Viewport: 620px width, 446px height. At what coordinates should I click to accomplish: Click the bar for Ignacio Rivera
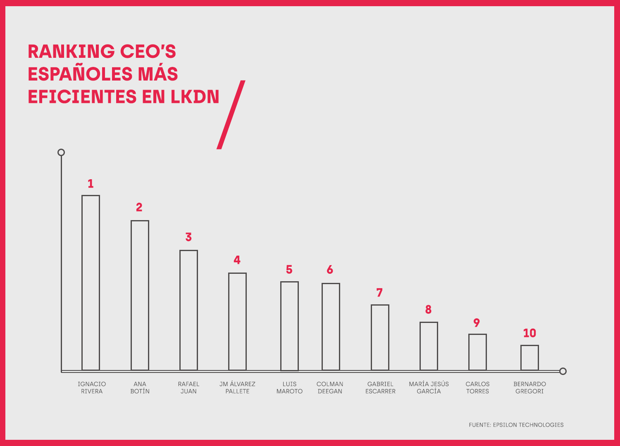tap(91, 282)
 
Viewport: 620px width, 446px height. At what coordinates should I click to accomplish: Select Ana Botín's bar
tap(140, 295)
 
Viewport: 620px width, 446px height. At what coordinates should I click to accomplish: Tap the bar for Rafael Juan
tap(188, 310)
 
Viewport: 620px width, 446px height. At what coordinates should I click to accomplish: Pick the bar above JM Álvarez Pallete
tap(237, 321)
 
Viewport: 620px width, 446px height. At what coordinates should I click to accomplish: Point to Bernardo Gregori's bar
tap(529, 358)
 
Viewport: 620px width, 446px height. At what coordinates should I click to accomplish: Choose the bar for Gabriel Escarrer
tap(380, 337)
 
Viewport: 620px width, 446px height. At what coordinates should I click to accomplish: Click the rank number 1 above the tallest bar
tap(91, 184)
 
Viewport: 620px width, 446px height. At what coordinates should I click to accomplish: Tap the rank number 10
tap(529, 333)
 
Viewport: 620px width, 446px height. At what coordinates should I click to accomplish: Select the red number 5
tap(289, 270)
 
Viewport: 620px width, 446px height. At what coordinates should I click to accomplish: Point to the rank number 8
tap(428, 309)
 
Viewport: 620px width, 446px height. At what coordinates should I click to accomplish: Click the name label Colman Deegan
tap(330, 387)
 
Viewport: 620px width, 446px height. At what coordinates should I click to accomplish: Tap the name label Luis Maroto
tap(289, 387)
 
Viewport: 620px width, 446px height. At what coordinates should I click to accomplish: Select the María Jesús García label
tap(429, 387)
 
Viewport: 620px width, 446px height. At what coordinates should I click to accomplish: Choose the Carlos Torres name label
tap(477, 387)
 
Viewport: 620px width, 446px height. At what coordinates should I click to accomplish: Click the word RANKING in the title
tap(71, 52)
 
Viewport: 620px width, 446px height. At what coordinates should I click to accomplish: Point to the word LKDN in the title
tap(195, 97)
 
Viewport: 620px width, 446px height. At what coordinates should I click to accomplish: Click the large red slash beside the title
tap(231, 115)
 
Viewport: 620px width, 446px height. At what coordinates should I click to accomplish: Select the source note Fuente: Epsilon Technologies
tap(516, 425)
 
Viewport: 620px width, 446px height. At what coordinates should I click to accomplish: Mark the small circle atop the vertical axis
tap(61, 152)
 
